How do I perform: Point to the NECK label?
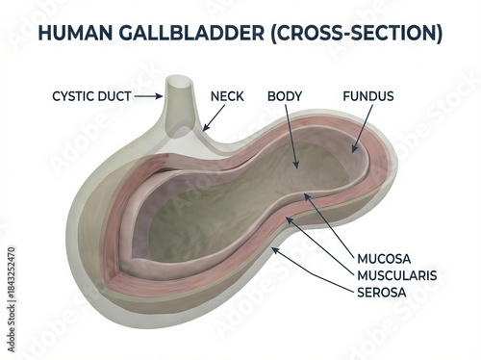227,96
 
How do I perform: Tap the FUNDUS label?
368,96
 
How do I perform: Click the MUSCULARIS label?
397,275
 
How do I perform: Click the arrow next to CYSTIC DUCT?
146,96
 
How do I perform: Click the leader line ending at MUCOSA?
329,225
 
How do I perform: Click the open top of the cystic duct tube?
178,84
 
